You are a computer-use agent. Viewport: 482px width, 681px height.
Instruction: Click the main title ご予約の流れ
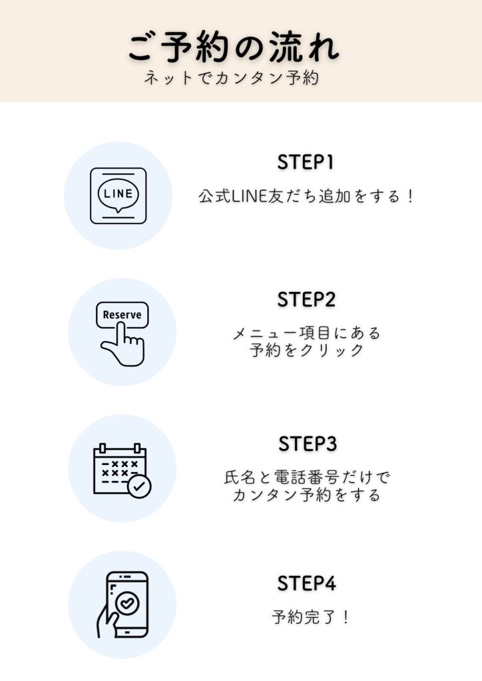pyautogui.click(x=234, y=47)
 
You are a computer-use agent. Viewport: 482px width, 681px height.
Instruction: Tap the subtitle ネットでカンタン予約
pyautogui.click(x=232, y=78)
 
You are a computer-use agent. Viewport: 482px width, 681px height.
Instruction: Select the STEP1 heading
pyautogui.click(x=306, y=163)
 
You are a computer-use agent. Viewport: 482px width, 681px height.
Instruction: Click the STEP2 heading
pyautogui.click(x=306, y=300)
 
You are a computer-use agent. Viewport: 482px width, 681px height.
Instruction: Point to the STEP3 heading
pyautogui.click(x=307, y=444)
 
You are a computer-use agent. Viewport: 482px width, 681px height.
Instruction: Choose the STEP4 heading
pyautogui.click(x=307, y=583)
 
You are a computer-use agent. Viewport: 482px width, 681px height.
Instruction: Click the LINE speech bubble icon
pyautogui.click(x=119, y=195)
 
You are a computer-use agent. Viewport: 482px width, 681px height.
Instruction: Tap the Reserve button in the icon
pyautogui.click(x=122, y=315)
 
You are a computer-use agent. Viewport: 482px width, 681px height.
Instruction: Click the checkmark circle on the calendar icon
pyautogui.click(x=138, y=487)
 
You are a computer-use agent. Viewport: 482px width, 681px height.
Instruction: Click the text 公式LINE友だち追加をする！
pyautogui.click(x=307, y=197)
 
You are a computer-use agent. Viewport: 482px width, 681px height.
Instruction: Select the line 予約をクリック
pyautogui.click(x=307, y=350)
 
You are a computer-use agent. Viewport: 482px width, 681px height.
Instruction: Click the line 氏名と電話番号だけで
pyautogui.click(x=307, y=477)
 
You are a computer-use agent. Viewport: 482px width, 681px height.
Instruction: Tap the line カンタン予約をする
pyautogui.click(x=307, y=495)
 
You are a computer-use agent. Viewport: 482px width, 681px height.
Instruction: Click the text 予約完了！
pyautogui.click(x=311, y=617)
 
